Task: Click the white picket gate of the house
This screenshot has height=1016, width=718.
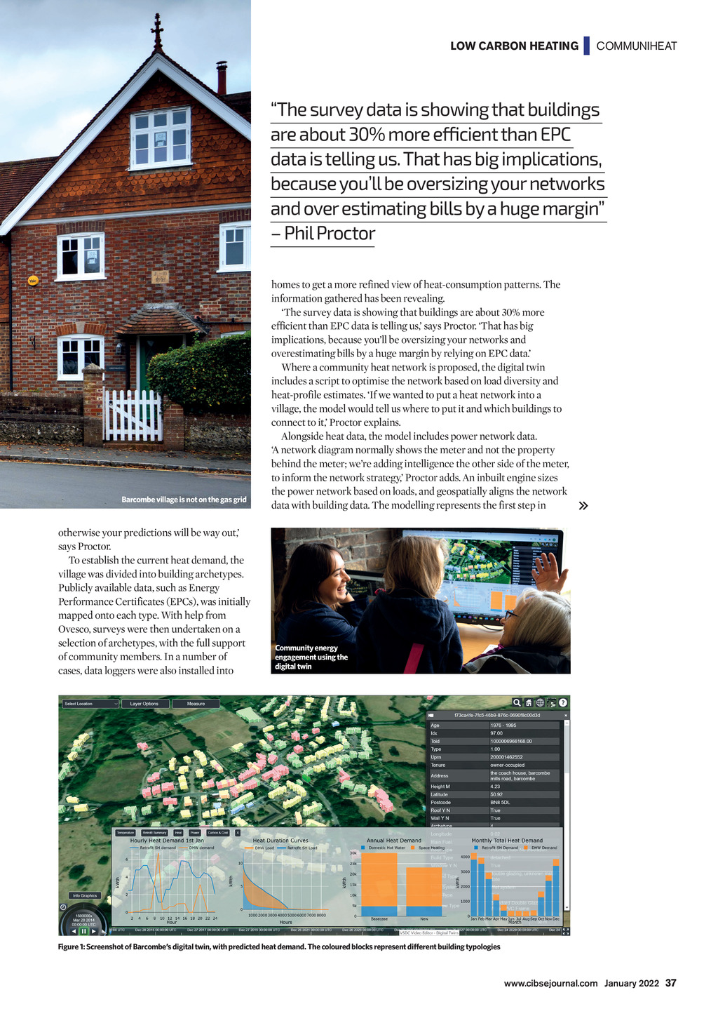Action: (133, 416)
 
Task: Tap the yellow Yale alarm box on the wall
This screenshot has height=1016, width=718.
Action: (32, 281)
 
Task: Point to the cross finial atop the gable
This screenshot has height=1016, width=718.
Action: (157, 32)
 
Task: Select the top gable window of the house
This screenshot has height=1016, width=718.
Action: (161, 138)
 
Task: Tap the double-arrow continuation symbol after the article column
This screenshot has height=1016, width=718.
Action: (583, 505)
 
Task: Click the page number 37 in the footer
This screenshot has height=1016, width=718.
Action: (670, 983)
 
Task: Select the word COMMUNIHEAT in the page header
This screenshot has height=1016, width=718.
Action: (637, 46)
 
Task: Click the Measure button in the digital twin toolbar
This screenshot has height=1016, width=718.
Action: (196, 704)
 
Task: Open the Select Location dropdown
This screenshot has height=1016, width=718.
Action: (90, 704)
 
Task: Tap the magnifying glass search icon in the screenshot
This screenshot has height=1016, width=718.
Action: (517, 702)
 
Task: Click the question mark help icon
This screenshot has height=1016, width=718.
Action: (563, 702)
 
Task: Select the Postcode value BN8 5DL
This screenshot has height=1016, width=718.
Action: (500, 802)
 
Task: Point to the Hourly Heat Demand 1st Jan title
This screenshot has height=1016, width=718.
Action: (167, 840)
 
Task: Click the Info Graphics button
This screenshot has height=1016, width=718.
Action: (84, 895)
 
